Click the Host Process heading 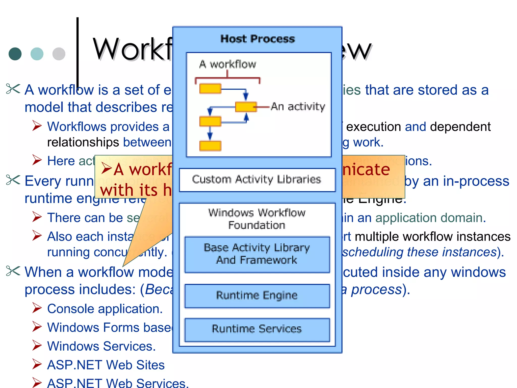pos(257,39)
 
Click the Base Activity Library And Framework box pos(257,254)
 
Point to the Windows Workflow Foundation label pos(257,219)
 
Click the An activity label pos(298,107)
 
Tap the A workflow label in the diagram pos(227,64)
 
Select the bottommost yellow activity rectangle pos(210,146)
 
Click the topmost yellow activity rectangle pos(210,89)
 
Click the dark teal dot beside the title pos(15,54)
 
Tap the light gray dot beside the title pos(59,54)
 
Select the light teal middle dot pos(37,54)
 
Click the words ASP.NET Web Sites pos(106,365)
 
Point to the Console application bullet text pos(105,309)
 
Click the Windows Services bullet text pos(101,346)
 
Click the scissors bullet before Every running pos(13,180)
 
